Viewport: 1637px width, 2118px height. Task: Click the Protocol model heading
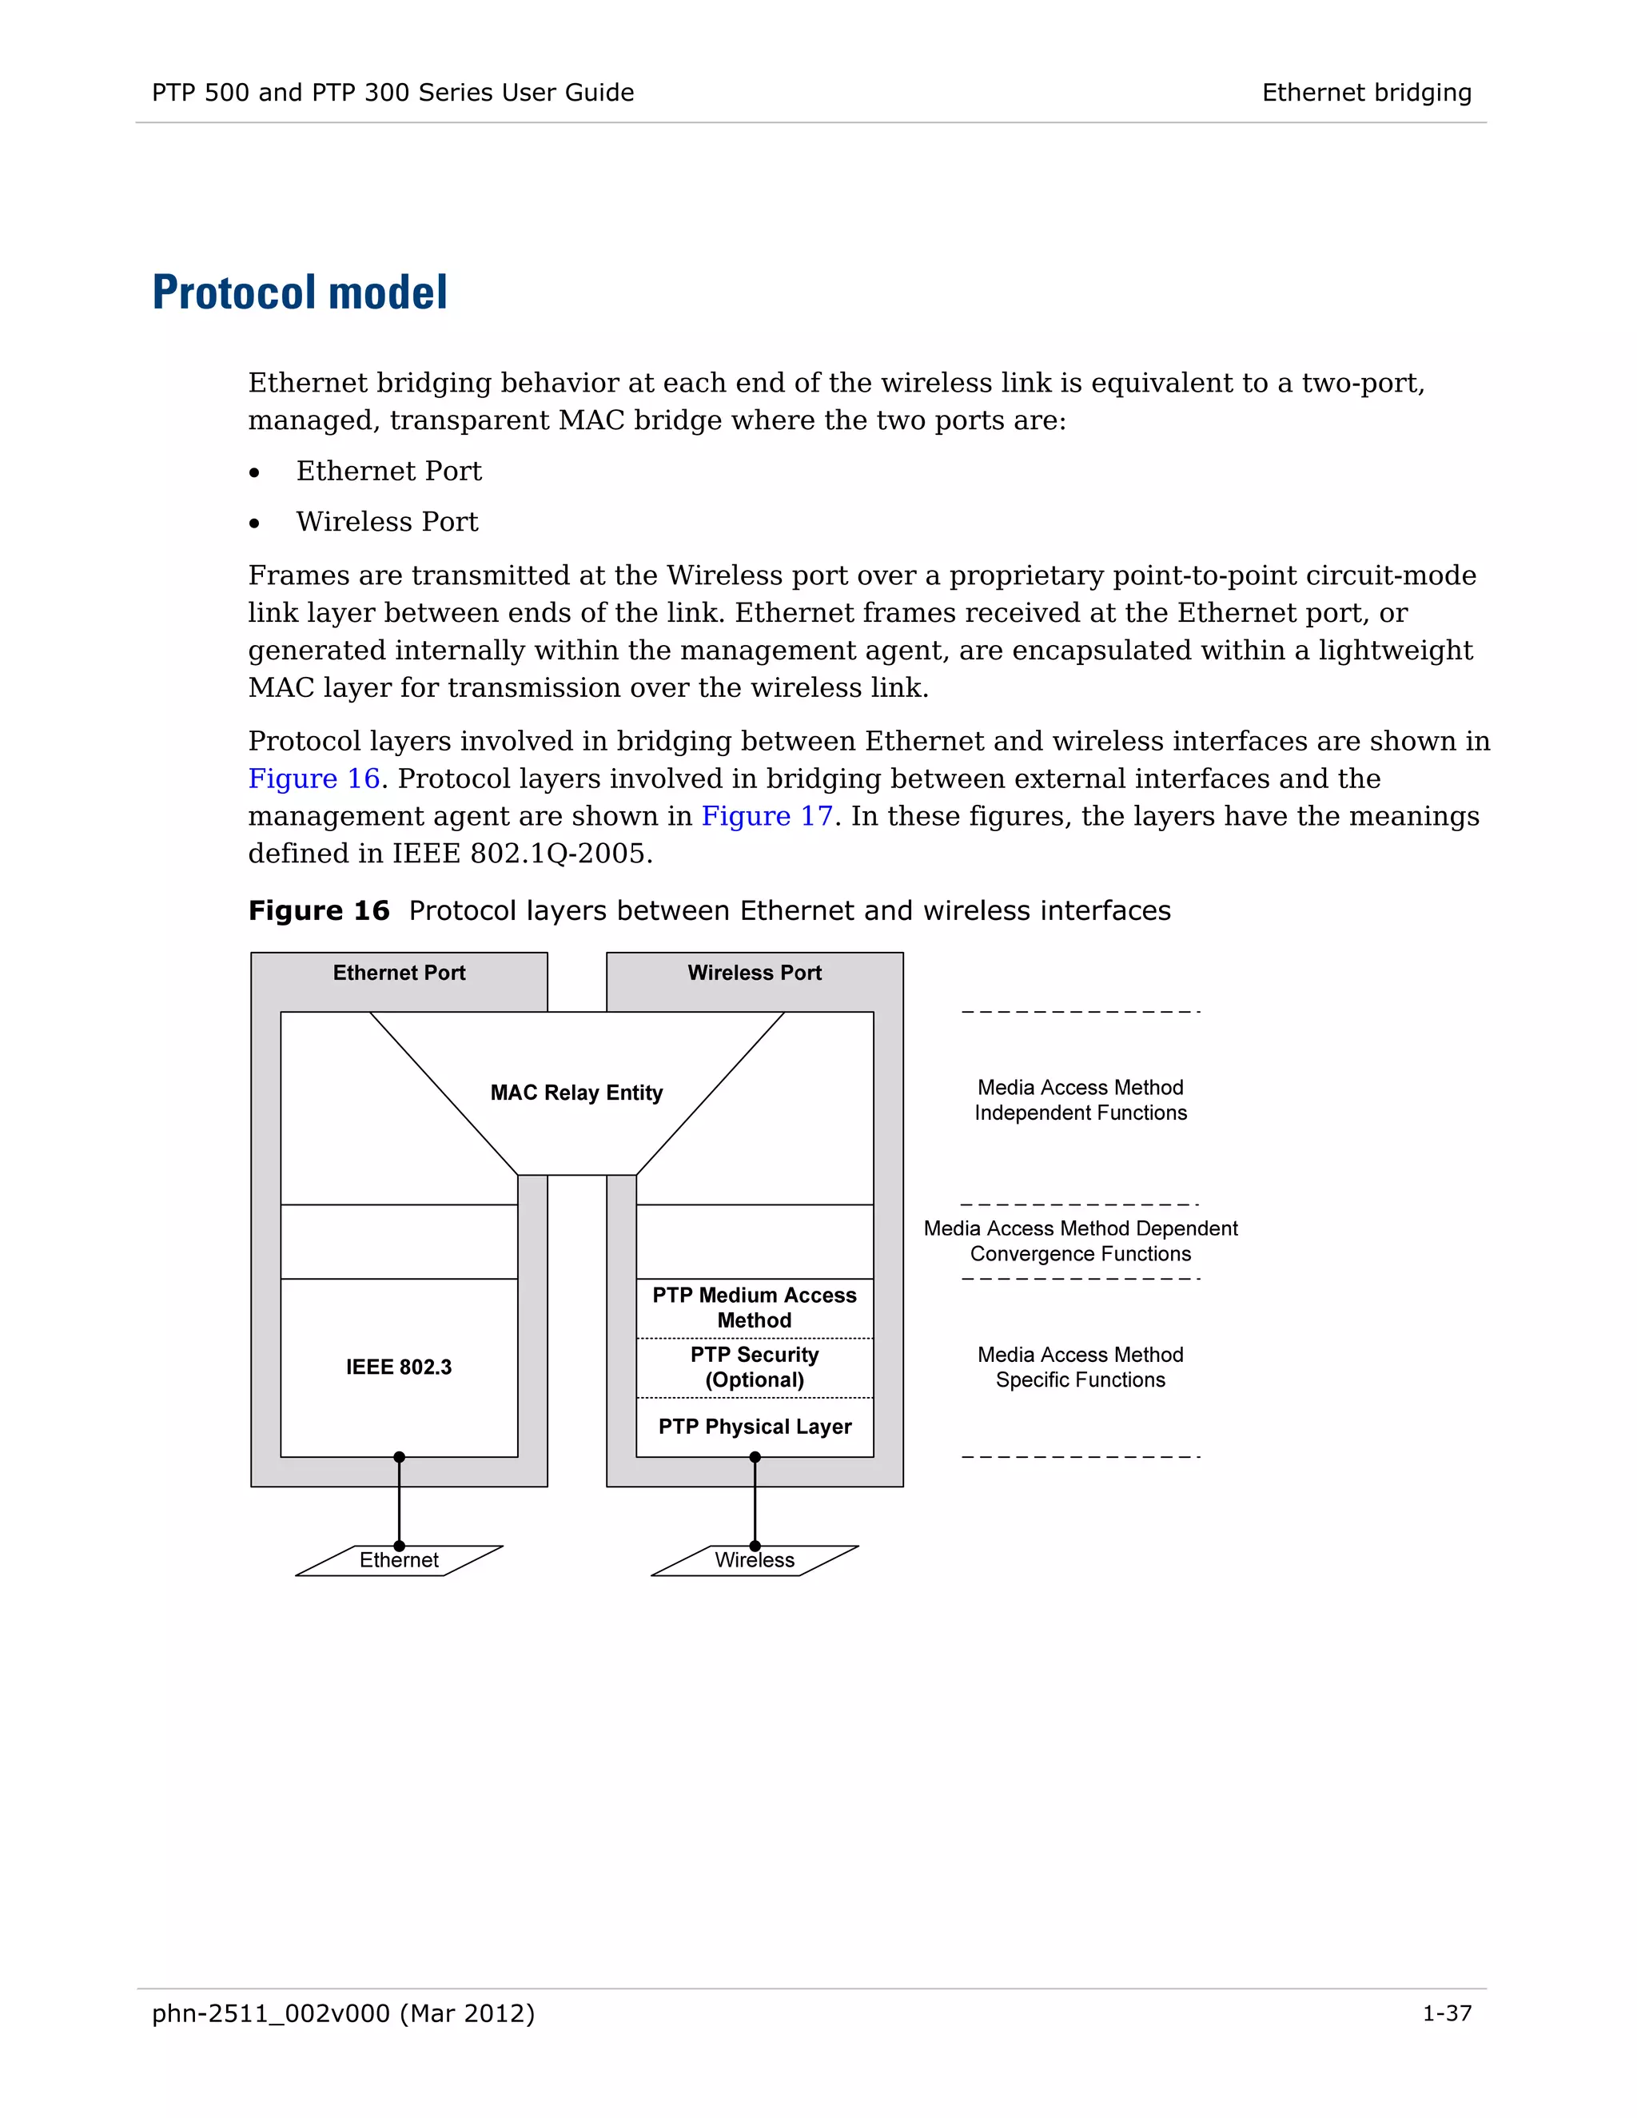[x=300, y=293]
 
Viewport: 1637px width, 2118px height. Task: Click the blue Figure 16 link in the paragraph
[x=313, y=778]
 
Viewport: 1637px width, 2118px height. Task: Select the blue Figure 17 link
[x=766, y=817]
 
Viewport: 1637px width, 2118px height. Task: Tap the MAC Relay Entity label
[x=576, y=1093]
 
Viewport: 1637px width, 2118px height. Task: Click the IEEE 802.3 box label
[x=399, y=1368]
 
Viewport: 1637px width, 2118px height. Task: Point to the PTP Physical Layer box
[x=755, y=1427]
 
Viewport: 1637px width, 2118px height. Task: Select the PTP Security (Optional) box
[x=755, y=1368]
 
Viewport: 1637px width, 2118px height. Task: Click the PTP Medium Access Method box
[x=755, y=1308]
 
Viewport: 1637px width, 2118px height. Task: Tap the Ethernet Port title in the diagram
[x=399, y=973]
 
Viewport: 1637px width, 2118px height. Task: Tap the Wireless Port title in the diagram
[x=755, y=973]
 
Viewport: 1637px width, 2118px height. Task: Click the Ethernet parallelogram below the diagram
[x=399, y=1560]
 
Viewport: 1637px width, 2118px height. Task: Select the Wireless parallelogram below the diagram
[x=755, y=1560]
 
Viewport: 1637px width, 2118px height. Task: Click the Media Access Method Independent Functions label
[x=1081, y=1101]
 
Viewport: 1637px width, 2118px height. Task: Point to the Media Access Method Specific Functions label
[x=1081, y=1368]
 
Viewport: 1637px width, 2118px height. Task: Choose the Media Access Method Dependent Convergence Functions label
[x=1081, y=1241]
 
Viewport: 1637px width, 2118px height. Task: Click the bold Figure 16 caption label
[x=318, y=910]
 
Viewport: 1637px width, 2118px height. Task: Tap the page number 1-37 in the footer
[x=1446, y=2014]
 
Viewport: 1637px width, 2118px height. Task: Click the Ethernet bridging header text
[x=1365, y=93]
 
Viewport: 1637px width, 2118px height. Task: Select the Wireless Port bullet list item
[x=387, y=522]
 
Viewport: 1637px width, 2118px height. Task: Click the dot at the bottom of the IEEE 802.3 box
[x=399, y=1456]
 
